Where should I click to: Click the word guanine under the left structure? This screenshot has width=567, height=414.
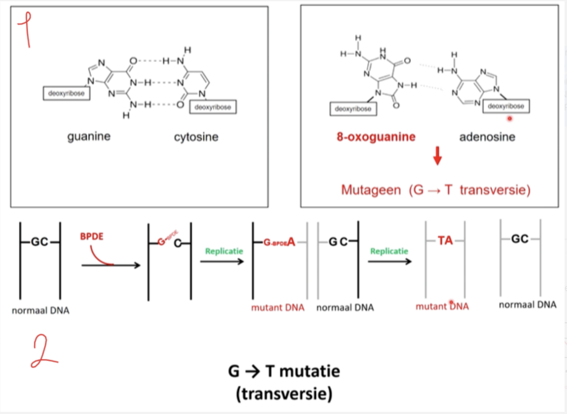pyautogui.click(x=89, y=137)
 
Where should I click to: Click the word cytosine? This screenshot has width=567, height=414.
pyautogui.click(x=196, y=137)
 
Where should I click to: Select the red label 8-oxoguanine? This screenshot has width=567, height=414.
pyautogui.click(x=376, y=137)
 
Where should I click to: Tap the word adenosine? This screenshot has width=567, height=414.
pyautogui.click(x=487, y=137)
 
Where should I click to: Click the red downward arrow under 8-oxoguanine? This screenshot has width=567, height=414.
pyautogui.click(x=437, y=156)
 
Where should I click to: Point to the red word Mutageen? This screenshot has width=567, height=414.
pyautogui.click(x=371, y=190)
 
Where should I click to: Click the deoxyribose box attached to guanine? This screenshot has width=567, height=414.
pyautogui.click(x=66, y=94)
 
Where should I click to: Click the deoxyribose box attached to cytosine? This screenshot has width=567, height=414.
pyautogui.click(x=213, y=107)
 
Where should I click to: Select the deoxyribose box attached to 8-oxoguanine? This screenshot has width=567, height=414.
pyautogui.click(x=353, y=109)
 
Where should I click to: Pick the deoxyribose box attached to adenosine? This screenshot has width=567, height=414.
pyautogui.click(x=506, y=106)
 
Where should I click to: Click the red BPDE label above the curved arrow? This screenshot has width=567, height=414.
pyautogui.click(x=92, y=237)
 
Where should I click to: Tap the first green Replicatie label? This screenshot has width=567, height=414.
pyautogui.click(x=224, y=251)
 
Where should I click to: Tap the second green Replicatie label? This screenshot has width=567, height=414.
pyautogui.click(x=389, y=251)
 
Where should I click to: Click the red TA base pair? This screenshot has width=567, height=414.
pyautogui.click(x=445, y=241)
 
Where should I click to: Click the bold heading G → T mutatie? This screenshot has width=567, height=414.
pyautogui.click(x=284, y=371)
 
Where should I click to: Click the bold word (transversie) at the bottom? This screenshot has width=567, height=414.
pyautogui.click(x=284, y=394)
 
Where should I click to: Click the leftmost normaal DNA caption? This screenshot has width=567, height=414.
pyautogui.click(x=40, y=311)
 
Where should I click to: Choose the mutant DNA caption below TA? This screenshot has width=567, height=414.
pyautogui.click(x=442, y=306)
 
